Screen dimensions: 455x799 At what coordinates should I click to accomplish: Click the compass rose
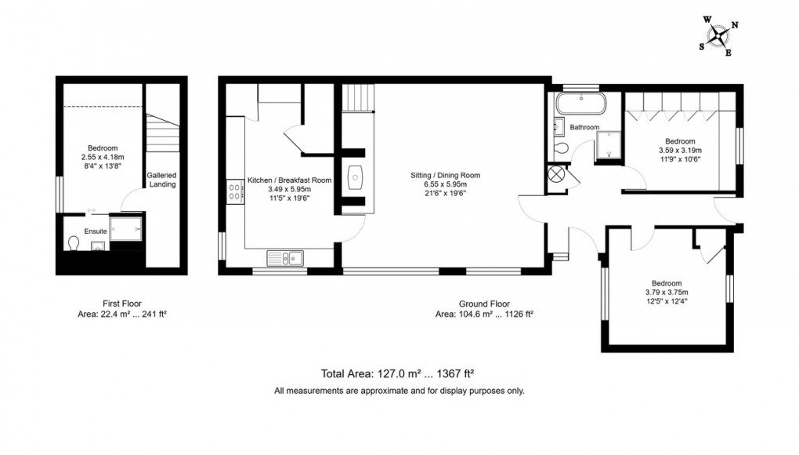pos(718,35)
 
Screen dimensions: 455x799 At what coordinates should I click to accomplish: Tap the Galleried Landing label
pos(161,180)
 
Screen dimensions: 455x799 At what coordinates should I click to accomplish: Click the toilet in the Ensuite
pos(74,245)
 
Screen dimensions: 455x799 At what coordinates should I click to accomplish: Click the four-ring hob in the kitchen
pos(233,192)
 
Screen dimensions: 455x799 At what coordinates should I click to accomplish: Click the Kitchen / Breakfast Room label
pos(290,180)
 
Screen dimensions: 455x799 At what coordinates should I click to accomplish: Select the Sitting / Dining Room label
pos(445,175)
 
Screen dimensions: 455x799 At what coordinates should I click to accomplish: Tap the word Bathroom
pos(584,127)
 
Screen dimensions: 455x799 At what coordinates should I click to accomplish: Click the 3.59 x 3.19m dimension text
pos(680,150)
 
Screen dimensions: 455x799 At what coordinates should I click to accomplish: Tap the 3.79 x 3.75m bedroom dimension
pos(666,293)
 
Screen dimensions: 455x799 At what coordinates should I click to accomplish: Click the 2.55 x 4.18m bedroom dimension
pos(103,158)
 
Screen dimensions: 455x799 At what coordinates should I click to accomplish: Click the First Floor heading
pos(121,303)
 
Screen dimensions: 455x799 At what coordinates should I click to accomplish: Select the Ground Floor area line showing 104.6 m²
pos(484,314)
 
